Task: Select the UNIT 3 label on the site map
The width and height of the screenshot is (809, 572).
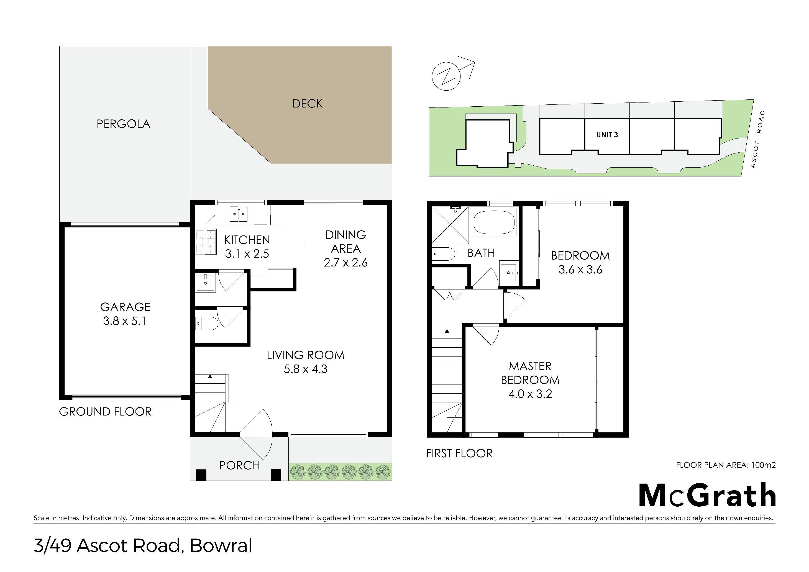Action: point(607,135)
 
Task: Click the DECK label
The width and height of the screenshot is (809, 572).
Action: point(308,104)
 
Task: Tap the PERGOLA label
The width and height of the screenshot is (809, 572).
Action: point(123,124)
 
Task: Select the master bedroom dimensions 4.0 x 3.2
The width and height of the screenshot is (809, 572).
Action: point(530,394)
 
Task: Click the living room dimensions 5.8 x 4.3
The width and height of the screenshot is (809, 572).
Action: point(306,369)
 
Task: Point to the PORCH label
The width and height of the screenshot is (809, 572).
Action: point(240,466)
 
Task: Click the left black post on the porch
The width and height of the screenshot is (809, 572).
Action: point(201,475)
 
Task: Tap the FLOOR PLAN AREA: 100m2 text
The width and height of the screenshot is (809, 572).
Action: point(726,465)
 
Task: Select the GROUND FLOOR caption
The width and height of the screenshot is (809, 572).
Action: point(105,412)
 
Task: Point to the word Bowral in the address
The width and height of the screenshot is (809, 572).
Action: point(221,546)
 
